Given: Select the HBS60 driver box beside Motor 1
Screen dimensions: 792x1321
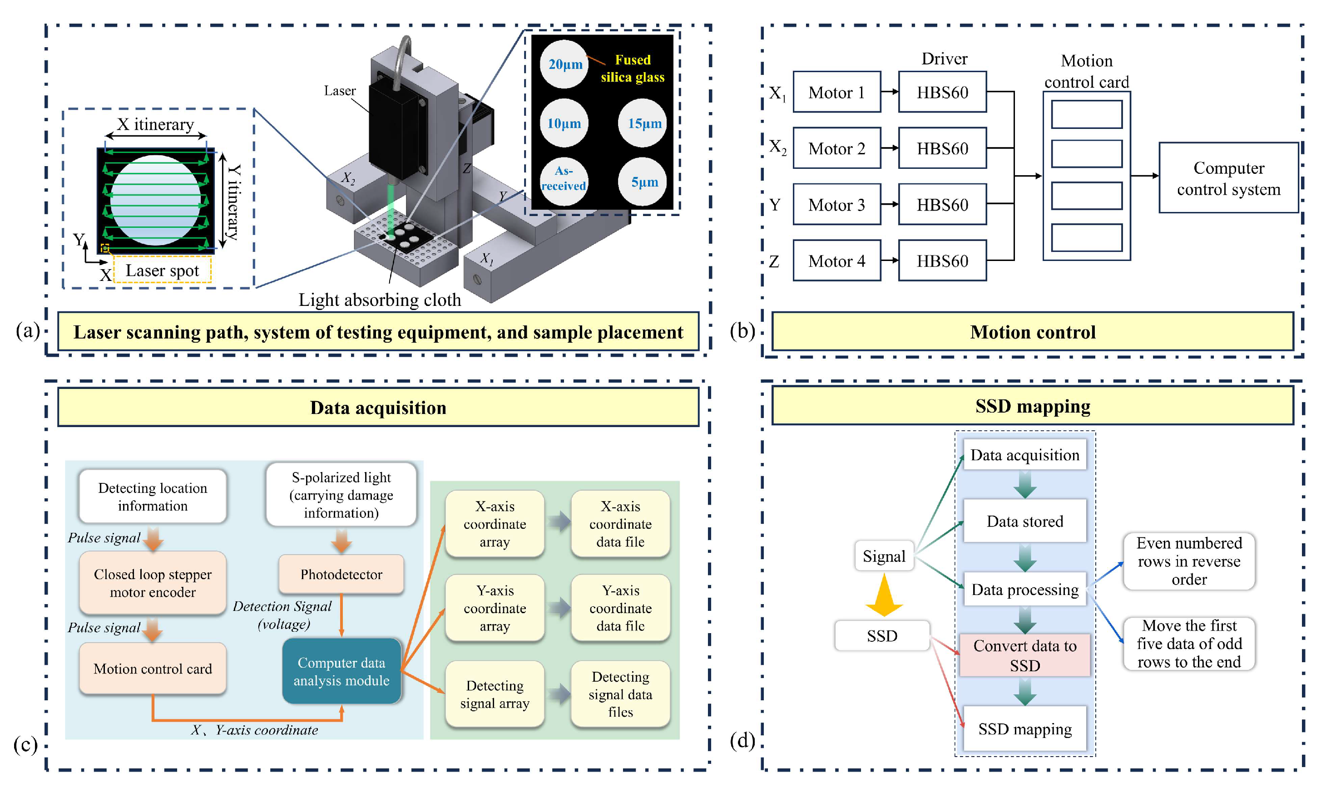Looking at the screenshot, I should point(942,92).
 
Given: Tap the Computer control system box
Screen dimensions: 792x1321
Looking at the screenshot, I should point(1228,178).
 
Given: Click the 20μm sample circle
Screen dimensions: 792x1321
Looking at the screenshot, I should point(564,64).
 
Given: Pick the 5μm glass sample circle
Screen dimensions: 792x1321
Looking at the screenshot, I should point(644,182).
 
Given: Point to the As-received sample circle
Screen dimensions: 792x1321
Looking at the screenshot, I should point(563,179).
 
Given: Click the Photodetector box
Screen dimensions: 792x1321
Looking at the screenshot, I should point(341,574).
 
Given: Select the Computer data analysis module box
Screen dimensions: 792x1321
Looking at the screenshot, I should point(341,671).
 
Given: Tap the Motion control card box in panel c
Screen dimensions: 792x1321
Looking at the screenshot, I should point(153,669).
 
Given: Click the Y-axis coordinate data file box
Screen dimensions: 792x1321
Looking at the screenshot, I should point(620,608).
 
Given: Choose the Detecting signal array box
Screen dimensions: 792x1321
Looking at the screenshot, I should point(495,694).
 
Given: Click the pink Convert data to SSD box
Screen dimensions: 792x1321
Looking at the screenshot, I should point(1024,655).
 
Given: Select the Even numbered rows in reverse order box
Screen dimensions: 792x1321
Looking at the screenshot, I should point(1188,561).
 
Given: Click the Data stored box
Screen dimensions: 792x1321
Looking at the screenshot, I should point(1024,521).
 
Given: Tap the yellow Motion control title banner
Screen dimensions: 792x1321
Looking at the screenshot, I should point(1032,332).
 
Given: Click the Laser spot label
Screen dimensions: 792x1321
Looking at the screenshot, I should point(162,271).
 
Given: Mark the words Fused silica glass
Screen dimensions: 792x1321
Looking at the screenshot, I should point(633,69).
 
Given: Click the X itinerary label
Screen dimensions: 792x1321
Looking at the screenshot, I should point(155,124).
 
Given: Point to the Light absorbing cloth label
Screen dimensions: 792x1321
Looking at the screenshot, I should point(380,300).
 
